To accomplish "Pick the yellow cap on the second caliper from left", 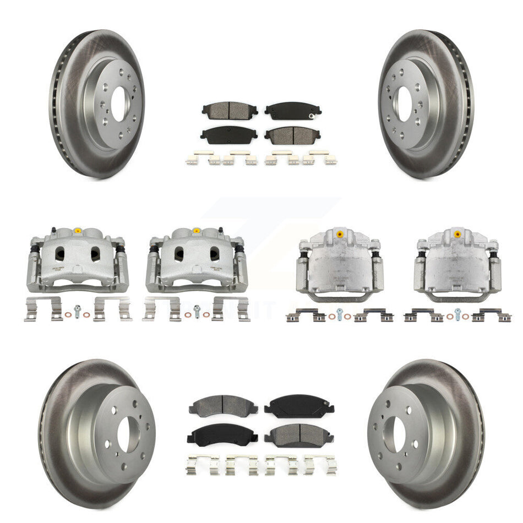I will click(x=197, y=230).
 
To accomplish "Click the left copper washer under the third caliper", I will click(x=332, y=317).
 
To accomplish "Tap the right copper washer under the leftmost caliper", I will click(x=87, y=315).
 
